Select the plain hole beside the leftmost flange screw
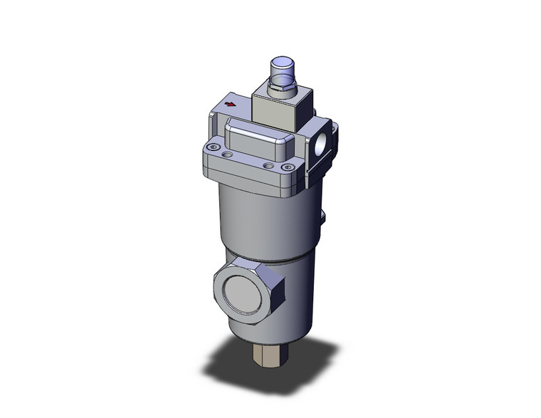227,153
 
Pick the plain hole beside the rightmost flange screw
268,166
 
